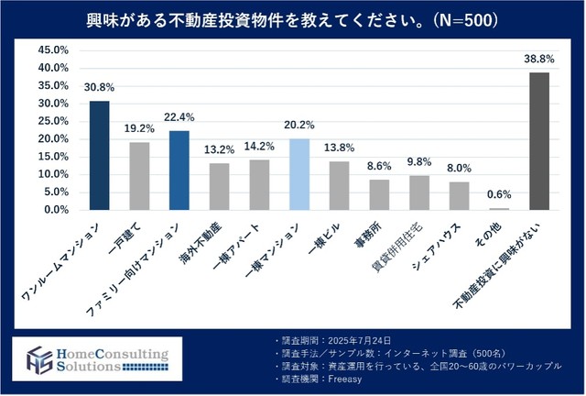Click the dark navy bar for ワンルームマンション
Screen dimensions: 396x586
click(99, 155)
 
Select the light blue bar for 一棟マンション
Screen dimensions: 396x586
click(299, 174)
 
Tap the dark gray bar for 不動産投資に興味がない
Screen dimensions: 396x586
click(539, 141)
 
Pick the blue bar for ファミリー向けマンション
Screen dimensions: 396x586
click(179, 170)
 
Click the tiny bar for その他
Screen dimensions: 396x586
click(499, 208)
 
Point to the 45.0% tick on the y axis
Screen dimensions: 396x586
click(54, 50)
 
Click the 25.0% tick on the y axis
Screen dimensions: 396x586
click(54, 121)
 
